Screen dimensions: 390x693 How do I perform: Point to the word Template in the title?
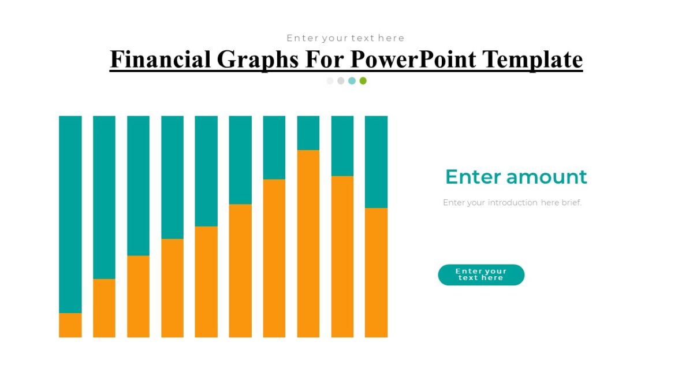tap(532, 60)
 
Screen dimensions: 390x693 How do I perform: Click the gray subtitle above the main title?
tap(345, 38)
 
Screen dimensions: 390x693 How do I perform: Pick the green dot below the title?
tap(363, 81)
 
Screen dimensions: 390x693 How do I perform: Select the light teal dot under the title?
tap(352, 81)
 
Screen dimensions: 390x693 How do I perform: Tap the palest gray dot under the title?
tap(330, 81)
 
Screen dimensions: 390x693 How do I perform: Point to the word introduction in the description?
tap(512, 203)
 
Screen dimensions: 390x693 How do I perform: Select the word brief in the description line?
tap(571, 203)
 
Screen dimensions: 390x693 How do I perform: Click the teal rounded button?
tap(481, 275)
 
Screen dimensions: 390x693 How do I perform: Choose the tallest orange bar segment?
tap(308, 243)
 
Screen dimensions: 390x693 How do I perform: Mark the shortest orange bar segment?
tap(70, 325)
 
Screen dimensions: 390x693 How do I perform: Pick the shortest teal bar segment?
tap(308, 133)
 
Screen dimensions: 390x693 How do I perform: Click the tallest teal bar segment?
tap(70, 214)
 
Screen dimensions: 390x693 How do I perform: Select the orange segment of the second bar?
tap(104, 308)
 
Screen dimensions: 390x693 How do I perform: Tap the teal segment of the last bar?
tap(376, 162)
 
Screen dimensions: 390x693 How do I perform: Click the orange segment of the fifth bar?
tap(206, 281)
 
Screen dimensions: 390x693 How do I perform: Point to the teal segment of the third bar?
tap(138, 185)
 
